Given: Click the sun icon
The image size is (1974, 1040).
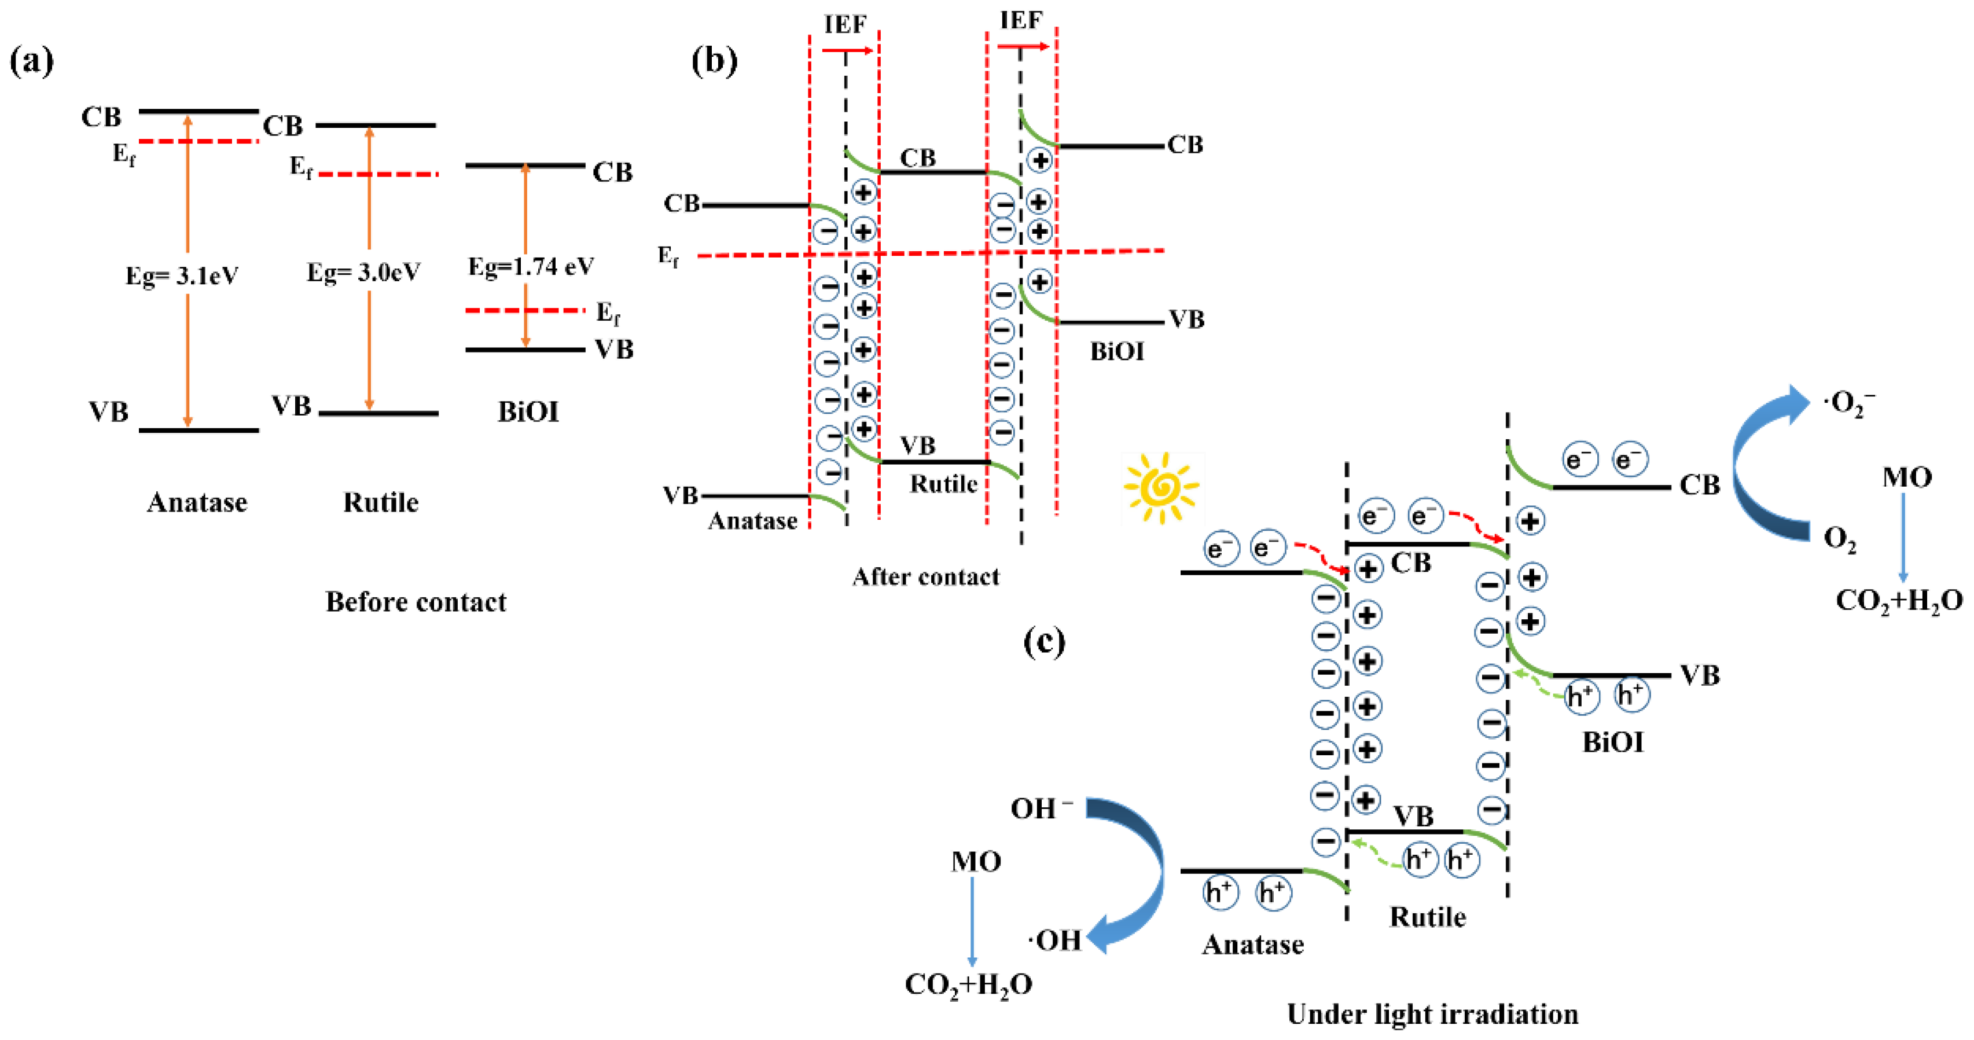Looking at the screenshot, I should pos(1161,487).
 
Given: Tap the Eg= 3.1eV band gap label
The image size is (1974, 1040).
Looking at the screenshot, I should pos(182,276).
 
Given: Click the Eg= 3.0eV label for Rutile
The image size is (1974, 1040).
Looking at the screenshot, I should pos(363,272).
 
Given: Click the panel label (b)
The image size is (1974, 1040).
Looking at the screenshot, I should pos(714,61).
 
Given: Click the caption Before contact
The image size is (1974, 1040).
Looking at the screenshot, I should pos(416,602).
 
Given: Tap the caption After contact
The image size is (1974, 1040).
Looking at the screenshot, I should pos(926,576).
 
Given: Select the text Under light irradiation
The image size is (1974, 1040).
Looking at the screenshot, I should pos(1432,1015).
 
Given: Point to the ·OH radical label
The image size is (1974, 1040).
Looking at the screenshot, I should pos(1055,940).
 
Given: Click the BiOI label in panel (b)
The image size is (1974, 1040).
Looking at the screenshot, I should pos(1116,352).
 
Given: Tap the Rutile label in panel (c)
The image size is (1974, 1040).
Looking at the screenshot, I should pos(1427,917).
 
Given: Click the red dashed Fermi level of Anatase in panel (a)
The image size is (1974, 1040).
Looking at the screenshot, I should pos(198,142).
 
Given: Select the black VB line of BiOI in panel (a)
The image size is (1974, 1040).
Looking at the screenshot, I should pos(525,350).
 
